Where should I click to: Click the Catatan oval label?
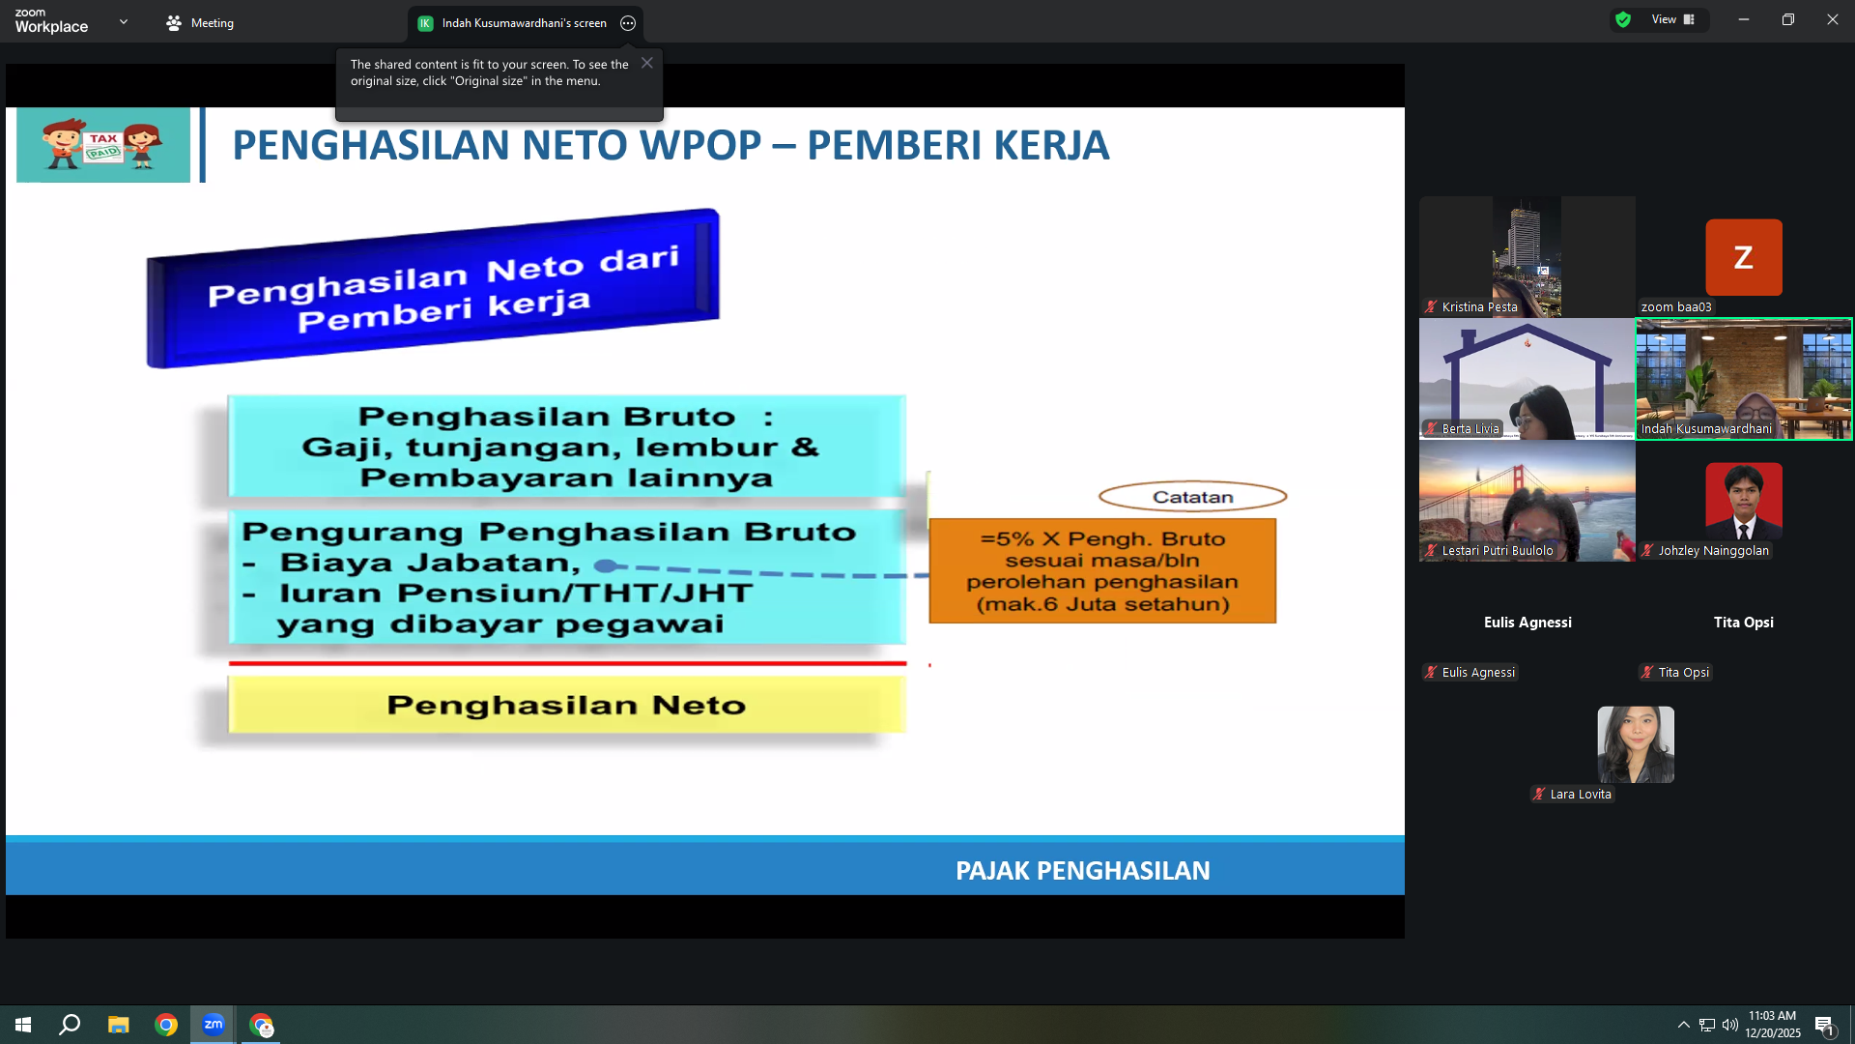point(1192,497)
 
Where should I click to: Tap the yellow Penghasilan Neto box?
point(567,705)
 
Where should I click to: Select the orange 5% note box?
point(1102,571)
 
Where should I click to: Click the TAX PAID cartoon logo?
point(103,145)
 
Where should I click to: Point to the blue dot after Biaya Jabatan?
point(606,565)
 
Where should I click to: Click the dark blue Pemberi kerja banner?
point(433,288)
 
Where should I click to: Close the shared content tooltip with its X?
point(647,63)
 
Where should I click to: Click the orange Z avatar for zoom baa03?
point(1744,257)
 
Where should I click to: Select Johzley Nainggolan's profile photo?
point(1744,501)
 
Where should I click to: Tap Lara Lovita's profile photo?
point(1636,744)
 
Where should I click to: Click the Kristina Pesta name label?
point(1479,307)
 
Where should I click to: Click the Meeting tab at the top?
point(200,23)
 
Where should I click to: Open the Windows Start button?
point(23,1025)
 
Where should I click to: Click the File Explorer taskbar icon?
point(118,1025)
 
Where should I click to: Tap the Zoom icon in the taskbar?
point(214,1025)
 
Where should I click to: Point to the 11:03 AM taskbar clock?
point(1772,1016)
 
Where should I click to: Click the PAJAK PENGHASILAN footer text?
point(1082,871)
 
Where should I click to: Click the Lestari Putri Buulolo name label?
point(1498,551)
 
